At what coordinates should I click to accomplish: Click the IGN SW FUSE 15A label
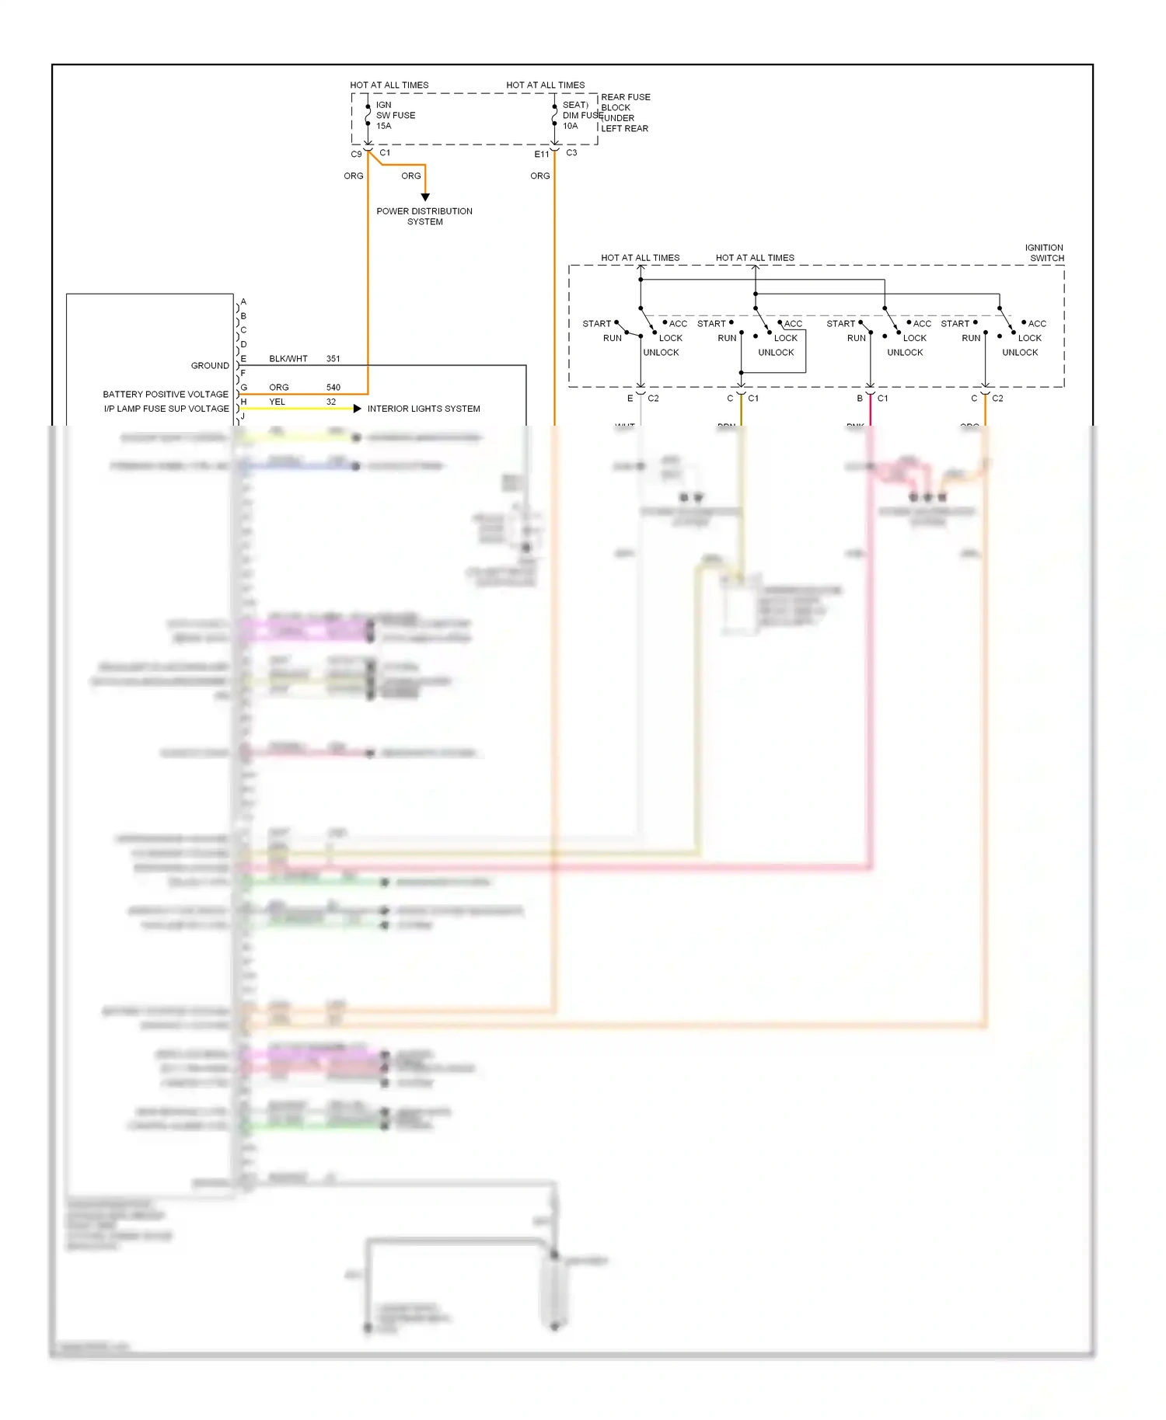pos(395,115)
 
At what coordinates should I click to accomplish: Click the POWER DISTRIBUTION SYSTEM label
pos(424,216)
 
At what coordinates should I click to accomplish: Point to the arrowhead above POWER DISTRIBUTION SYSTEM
pos(425,197)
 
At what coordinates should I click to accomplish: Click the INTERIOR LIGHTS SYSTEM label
pos(424,409)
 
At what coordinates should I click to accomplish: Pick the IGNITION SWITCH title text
pos(1045,252)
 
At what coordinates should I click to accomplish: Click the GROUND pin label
pos(210,365)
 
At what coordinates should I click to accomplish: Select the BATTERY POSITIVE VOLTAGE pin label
pos(166,394)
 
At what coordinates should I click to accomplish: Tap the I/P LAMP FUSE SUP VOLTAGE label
pos(166,409)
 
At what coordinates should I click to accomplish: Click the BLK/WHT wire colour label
pos(288,359)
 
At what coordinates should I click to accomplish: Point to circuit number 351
pos(333,359)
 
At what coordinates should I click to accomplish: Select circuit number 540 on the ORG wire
pos(333,387)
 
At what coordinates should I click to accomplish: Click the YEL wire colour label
pos(278,402)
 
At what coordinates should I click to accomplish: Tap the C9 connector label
pos(356,155)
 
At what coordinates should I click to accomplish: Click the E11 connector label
pos(542,155)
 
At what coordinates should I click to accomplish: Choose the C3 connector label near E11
pos(571,153)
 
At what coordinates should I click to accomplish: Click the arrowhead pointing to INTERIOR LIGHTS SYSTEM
pos(358,409)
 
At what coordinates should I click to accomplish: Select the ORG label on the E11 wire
pos(540,176)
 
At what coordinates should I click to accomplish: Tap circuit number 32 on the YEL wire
pos(331,402)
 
